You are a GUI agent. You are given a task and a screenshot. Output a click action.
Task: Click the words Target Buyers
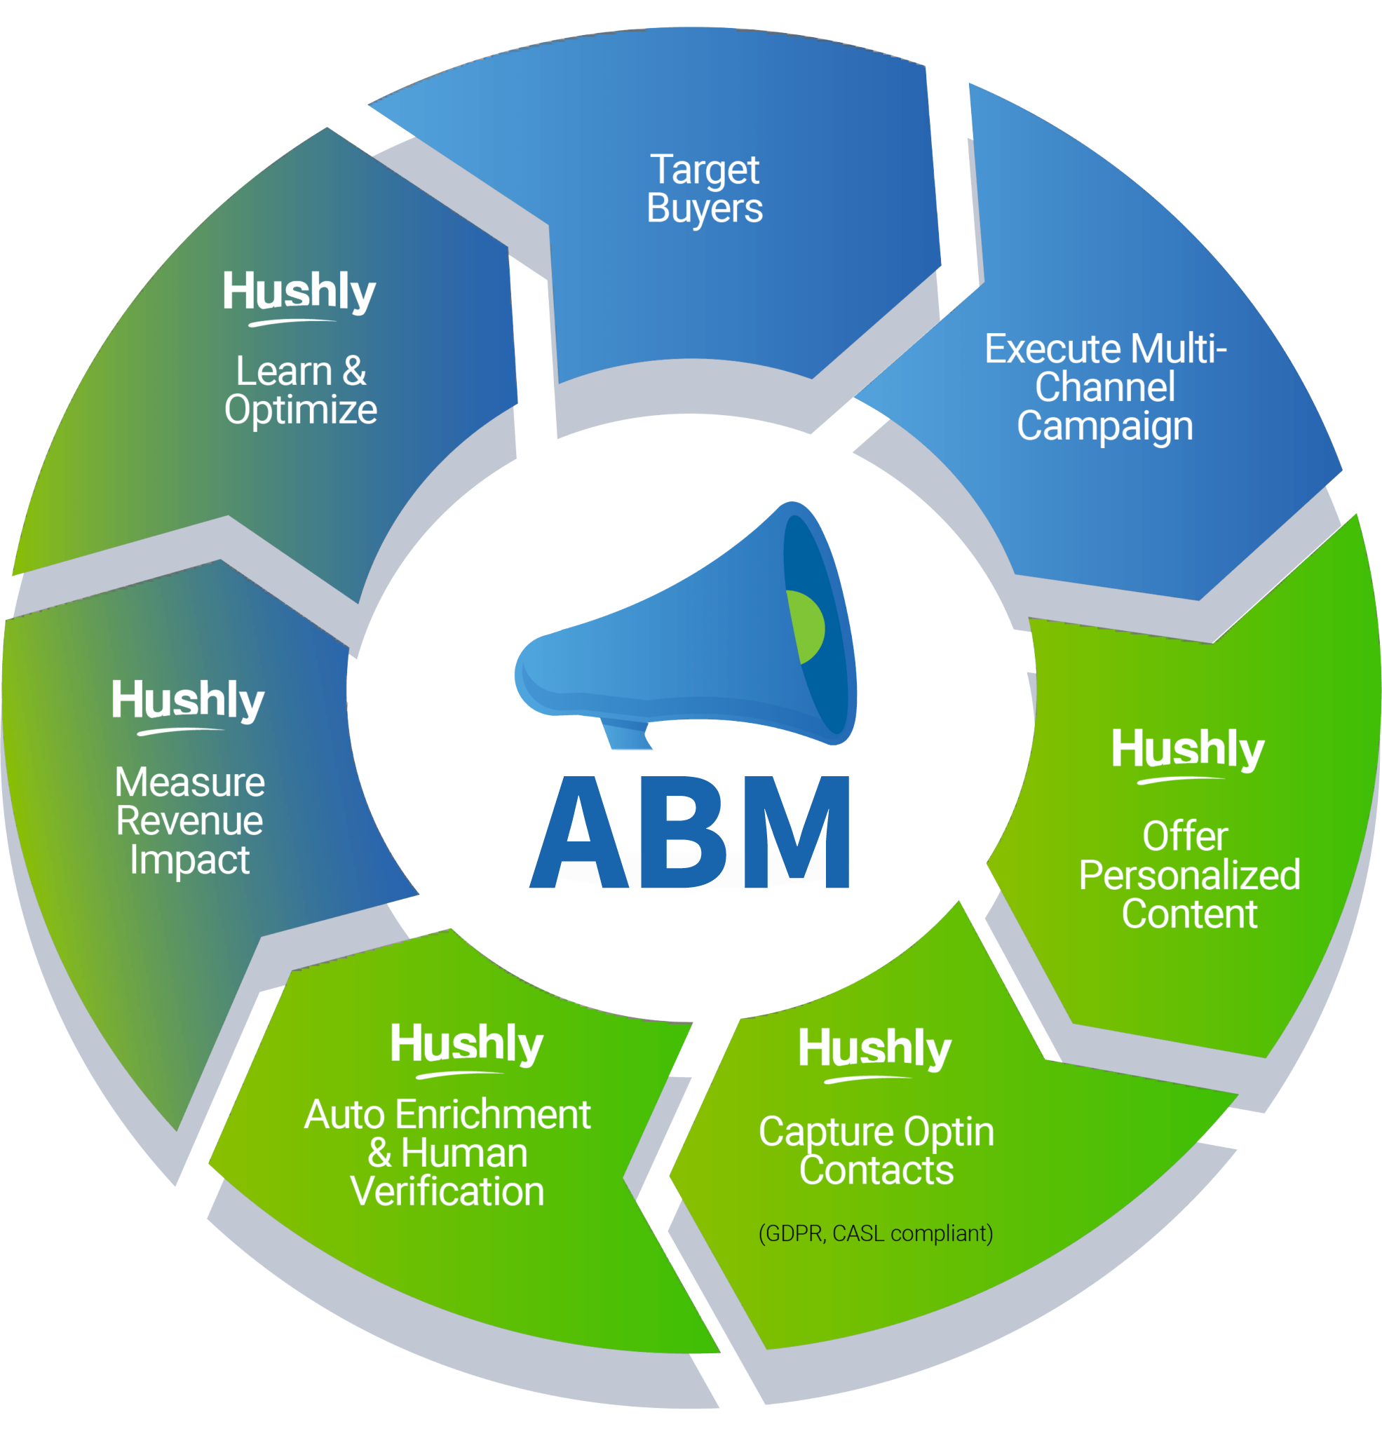pyautogui.click(x=704, y=189)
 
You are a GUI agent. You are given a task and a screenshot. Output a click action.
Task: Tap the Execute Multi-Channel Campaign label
pyautogui.click(x=1104, y=387)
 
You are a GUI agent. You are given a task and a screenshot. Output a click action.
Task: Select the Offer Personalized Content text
pyautogui.click(x=1188, y=875)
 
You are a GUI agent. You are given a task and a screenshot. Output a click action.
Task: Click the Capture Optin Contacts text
pyautogui.click(x=876, y=1150)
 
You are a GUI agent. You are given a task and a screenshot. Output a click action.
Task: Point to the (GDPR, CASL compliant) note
pyautogui.click(x=876, y=1233)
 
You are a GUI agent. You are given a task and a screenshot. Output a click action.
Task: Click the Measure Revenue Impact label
pyautogui.click(x=190, y=820)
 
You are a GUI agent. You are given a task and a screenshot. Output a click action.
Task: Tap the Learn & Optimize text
pyautogui.click(x=300, y=390)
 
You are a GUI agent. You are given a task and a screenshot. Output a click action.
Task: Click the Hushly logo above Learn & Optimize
pyautogui.click(x=299, y=294)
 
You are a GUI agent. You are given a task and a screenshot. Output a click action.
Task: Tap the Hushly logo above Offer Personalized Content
pyautogui.click(x=1188, y=752)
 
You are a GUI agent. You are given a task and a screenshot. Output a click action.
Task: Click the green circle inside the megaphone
pyautogui.click(x=806, y=627)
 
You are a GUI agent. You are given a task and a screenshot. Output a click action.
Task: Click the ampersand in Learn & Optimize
pyautogui.click(x=354, y=371)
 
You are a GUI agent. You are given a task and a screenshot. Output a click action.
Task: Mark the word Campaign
pyautogui.click(x=1104, y=426)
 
